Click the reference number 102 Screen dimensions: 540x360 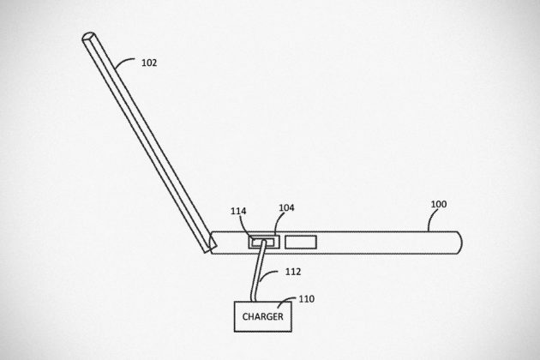pos(149,63)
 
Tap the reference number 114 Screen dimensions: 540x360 pos(238,211)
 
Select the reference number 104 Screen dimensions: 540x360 pos(286,207)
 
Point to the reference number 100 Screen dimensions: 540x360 pos(439,204)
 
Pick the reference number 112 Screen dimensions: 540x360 pos(293,272)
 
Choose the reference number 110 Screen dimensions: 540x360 pos(307,298)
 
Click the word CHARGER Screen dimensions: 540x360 pos(263,316)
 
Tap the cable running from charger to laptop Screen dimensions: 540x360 pos(258,272)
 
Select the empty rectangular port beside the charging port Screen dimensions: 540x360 pos(301,243)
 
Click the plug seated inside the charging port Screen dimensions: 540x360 pos(263,243)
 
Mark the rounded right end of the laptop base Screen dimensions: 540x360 pos(459,243)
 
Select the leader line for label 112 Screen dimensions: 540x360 pos(267,274)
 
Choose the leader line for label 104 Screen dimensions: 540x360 pos(279,222)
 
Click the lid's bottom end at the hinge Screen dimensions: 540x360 pos(210,249)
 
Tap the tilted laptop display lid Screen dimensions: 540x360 pos(149,142)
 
